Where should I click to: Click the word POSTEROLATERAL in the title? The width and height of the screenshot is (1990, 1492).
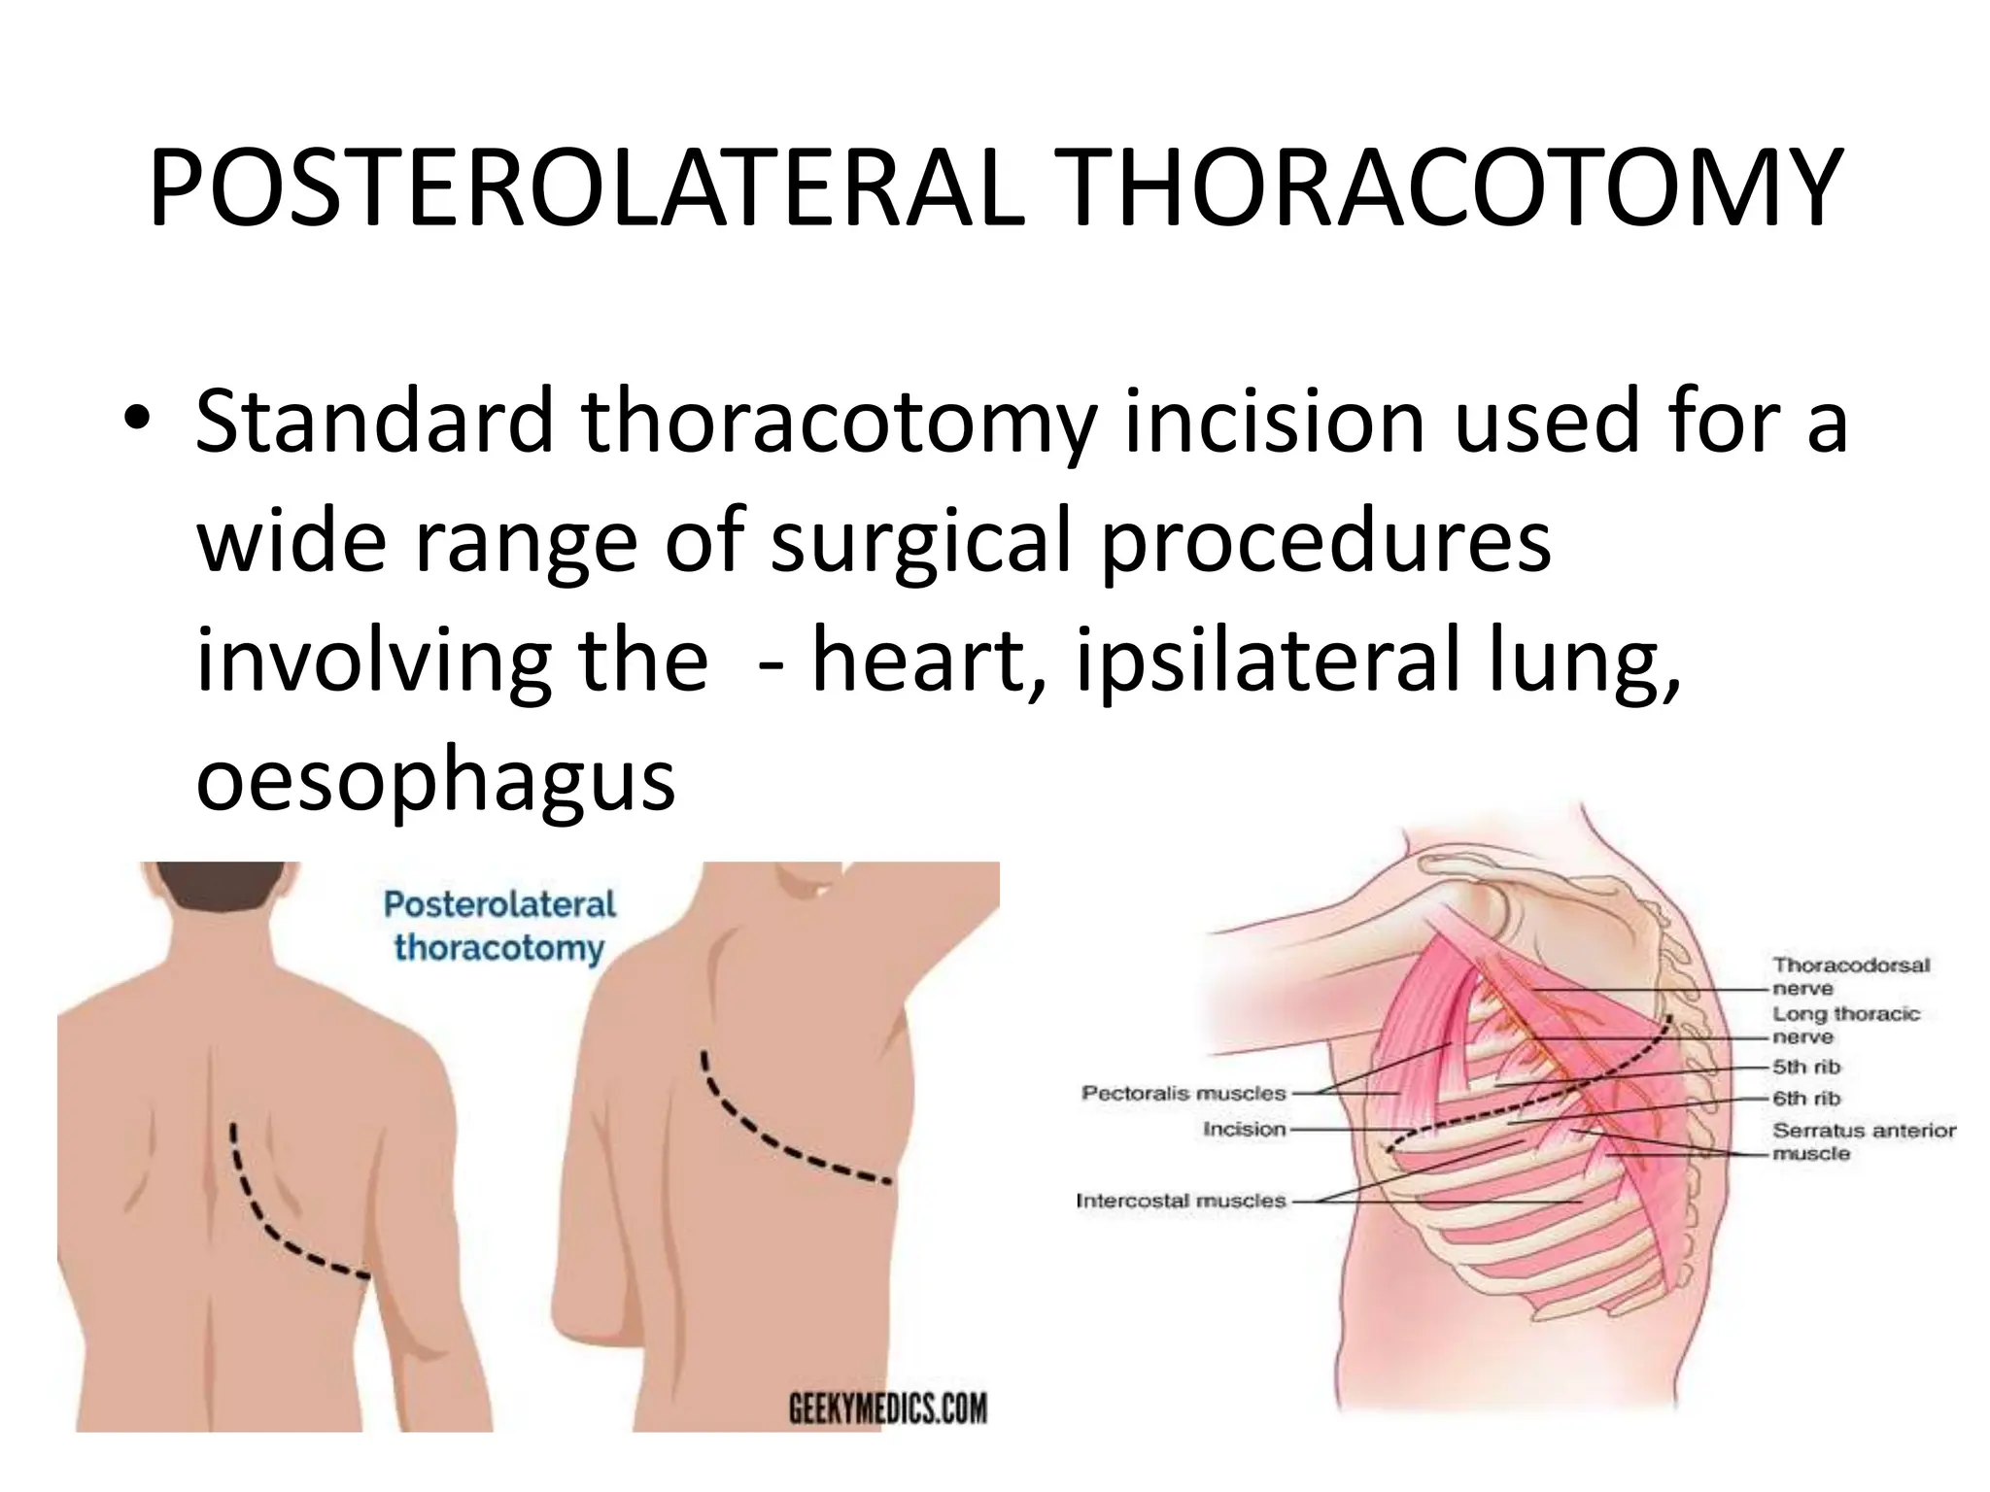(586, 189)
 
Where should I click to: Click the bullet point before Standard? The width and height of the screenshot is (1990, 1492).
(138, 420)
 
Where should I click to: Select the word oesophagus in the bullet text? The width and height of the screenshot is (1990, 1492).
(435, 780)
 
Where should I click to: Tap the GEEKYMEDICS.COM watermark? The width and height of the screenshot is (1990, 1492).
(886, 1407)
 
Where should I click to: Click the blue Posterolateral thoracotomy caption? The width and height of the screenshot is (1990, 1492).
(499, 926)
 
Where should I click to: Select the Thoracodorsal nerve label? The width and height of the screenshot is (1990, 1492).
(1850, 976)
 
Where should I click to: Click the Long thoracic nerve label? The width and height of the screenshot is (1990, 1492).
(1845, 1025)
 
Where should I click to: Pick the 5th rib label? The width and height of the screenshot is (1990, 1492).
(1805, 1067)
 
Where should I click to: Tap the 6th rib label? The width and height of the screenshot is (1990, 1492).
(1805, 1099)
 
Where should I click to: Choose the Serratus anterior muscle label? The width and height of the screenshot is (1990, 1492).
(1863, 1141)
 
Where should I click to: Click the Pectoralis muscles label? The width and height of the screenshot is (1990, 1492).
(1183, 1093)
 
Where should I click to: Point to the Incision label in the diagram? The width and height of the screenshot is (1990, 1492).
(1244, 1129)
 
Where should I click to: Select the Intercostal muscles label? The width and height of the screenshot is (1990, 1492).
(1180, 1201)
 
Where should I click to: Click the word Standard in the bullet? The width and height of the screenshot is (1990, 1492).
(374, 420)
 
